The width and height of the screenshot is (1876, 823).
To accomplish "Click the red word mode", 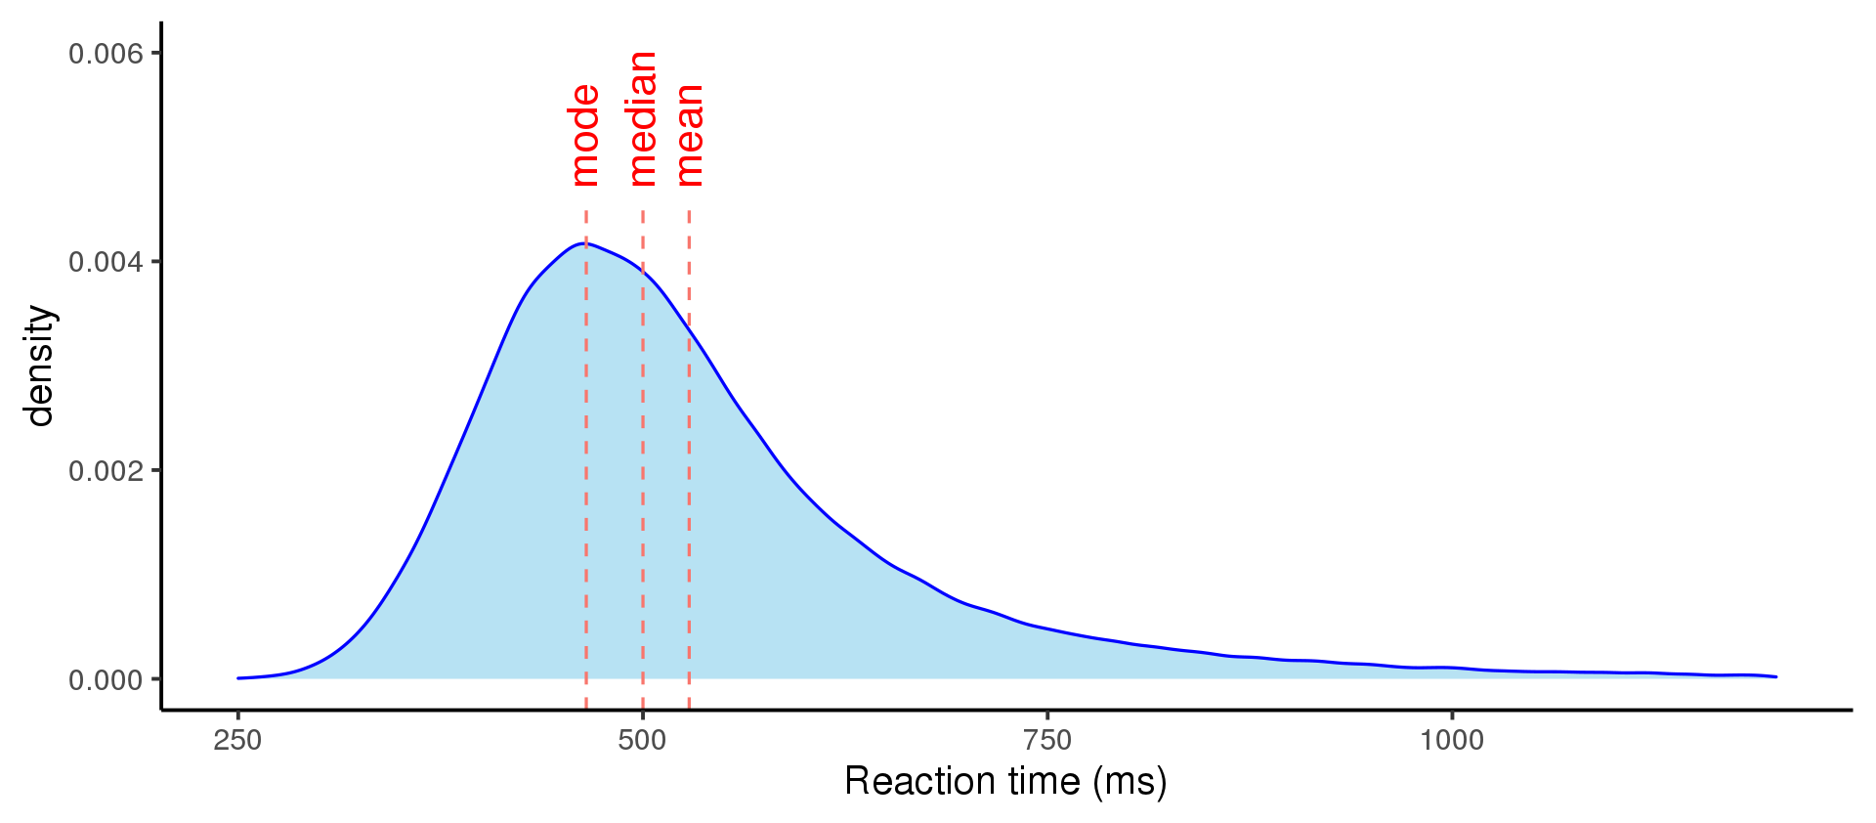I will click(584, 135).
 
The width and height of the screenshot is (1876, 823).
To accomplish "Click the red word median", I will click(642, 118).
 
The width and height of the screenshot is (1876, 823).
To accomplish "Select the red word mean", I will click(689, 135).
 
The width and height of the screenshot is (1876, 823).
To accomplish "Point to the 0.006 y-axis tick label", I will click(106, 54).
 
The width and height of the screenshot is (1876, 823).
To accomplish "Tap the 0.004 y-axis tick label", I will click(106, 262).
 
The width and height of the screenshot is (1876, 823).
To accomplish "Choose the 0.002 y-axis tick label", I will click(106, 471).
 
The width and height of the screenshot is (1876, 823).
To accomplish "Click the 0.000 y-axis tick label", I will click(106, 680).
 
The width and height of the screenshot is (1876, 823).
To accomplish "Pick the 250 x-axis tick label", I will click(237, 740).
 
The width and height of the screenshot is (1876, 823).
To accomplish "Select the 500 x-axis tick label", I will click(642, 740).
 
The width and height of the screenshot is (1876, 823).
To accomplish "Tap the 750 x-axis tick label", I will click(1047, 740).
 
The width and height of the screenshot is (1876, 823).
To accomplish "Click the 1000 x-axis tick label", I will click(1452, 740).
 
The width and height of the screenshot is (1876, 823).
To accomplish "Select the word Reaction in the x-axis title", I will click(907, 782).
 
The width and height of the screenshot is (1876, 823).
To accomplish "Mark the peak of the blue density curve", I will click(583, 243).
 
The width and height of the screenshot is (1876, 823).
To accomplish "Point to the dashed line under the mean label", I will click(689, 489).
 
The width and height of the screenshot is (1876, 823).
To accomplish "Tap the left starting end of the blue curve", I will click(238, 677).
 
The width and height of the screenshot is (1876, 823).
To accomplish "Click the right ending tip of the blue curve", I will click(1775, 676).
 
